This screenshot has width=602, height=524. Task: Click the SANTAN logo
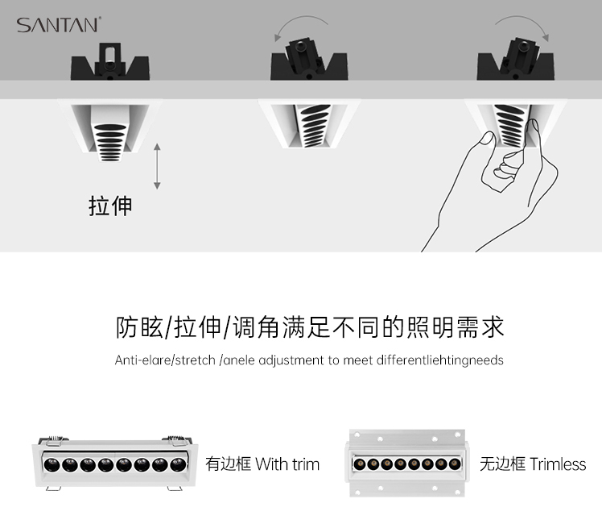[58, 25]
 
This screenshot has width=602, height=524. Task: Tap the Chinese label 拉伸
[110, 206]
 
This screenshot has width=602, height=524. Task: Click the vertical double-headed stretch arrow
[158, 168]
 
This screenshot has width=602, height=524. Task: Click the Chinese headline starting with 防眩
[310, 327]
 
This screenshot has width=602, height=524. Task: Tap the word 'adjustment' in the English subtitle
[283, 360]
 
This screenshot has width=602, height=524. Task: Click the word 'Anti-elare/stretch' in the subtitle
[165, 360]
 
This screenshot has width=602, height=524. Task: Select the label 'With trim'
[287, 464]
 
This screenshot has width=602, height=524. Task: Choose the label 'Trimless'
[558, 464]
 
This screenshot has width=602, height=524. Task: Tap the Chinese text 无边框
[502, 464]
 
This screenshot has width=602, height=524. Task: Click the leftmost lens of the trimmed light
[50, 464]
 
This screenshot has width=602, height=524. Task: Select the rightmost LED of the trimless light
[454, 464]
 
